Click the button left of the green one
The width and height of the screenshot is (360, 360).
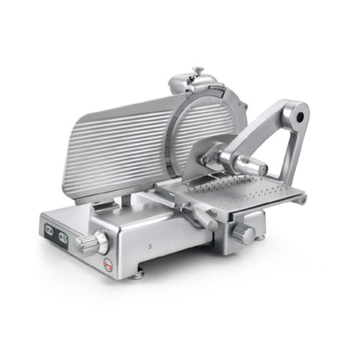coord(50,229)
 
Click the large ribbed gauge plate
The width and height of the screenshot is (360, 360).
coord(121,149)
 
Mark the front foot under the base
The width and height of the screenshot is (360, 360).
coord(137,274)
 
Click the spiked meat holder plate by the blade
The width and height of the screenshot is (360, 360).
coord(211,157)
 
